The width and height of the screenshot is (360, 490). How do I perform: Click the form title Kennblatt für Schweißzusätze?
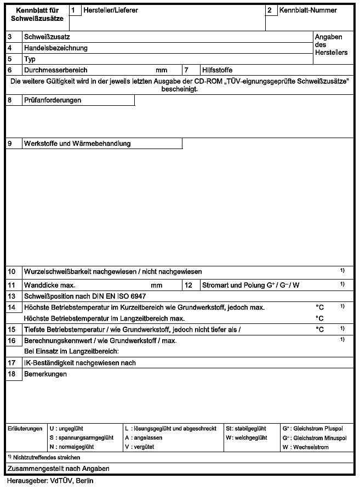point(37,14)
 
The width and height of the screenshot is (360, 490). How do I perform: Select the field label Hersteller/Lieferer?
point(111,10)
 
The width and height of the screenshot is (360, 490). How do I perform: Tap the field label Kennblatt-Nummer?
point(308,10)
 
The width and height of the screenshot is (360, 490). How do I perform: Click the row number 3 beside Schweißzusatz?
point(10,37)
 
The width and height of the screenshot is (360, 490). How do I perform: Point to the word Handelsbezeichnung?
point(55,48)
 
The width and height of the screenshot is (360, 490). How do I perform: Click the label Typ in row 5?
point(30,59)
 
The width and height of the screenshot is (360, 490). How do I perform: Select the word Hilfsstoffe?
point(217,70)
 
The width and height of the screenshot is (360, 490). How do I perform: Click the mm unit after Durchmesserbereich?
point(161,70)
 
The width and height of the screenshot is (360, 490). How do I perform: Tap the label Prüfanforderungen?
point(53,100)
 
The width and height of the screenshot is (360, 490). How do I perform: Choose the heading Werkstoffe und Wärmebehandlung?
point(77,144)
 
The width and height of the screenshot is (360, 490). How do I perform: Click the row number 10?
point(12,271)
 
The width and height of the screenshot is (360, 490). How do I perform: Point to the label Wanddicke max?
point(49,286)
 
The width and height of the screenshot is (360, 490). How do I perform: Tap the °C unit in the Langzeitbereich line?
point(319,318)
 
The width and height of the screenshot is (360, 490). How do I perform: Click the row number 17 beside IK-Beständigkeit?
point(12,363)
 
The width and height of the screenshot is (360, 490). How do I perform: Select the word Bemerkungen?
point(45,374)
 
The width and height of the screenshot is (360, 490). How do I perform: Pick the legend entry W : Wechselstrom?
point(305,447)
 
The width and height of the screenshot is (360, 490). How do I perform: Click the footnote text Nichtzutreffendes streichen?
point(46,457)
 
